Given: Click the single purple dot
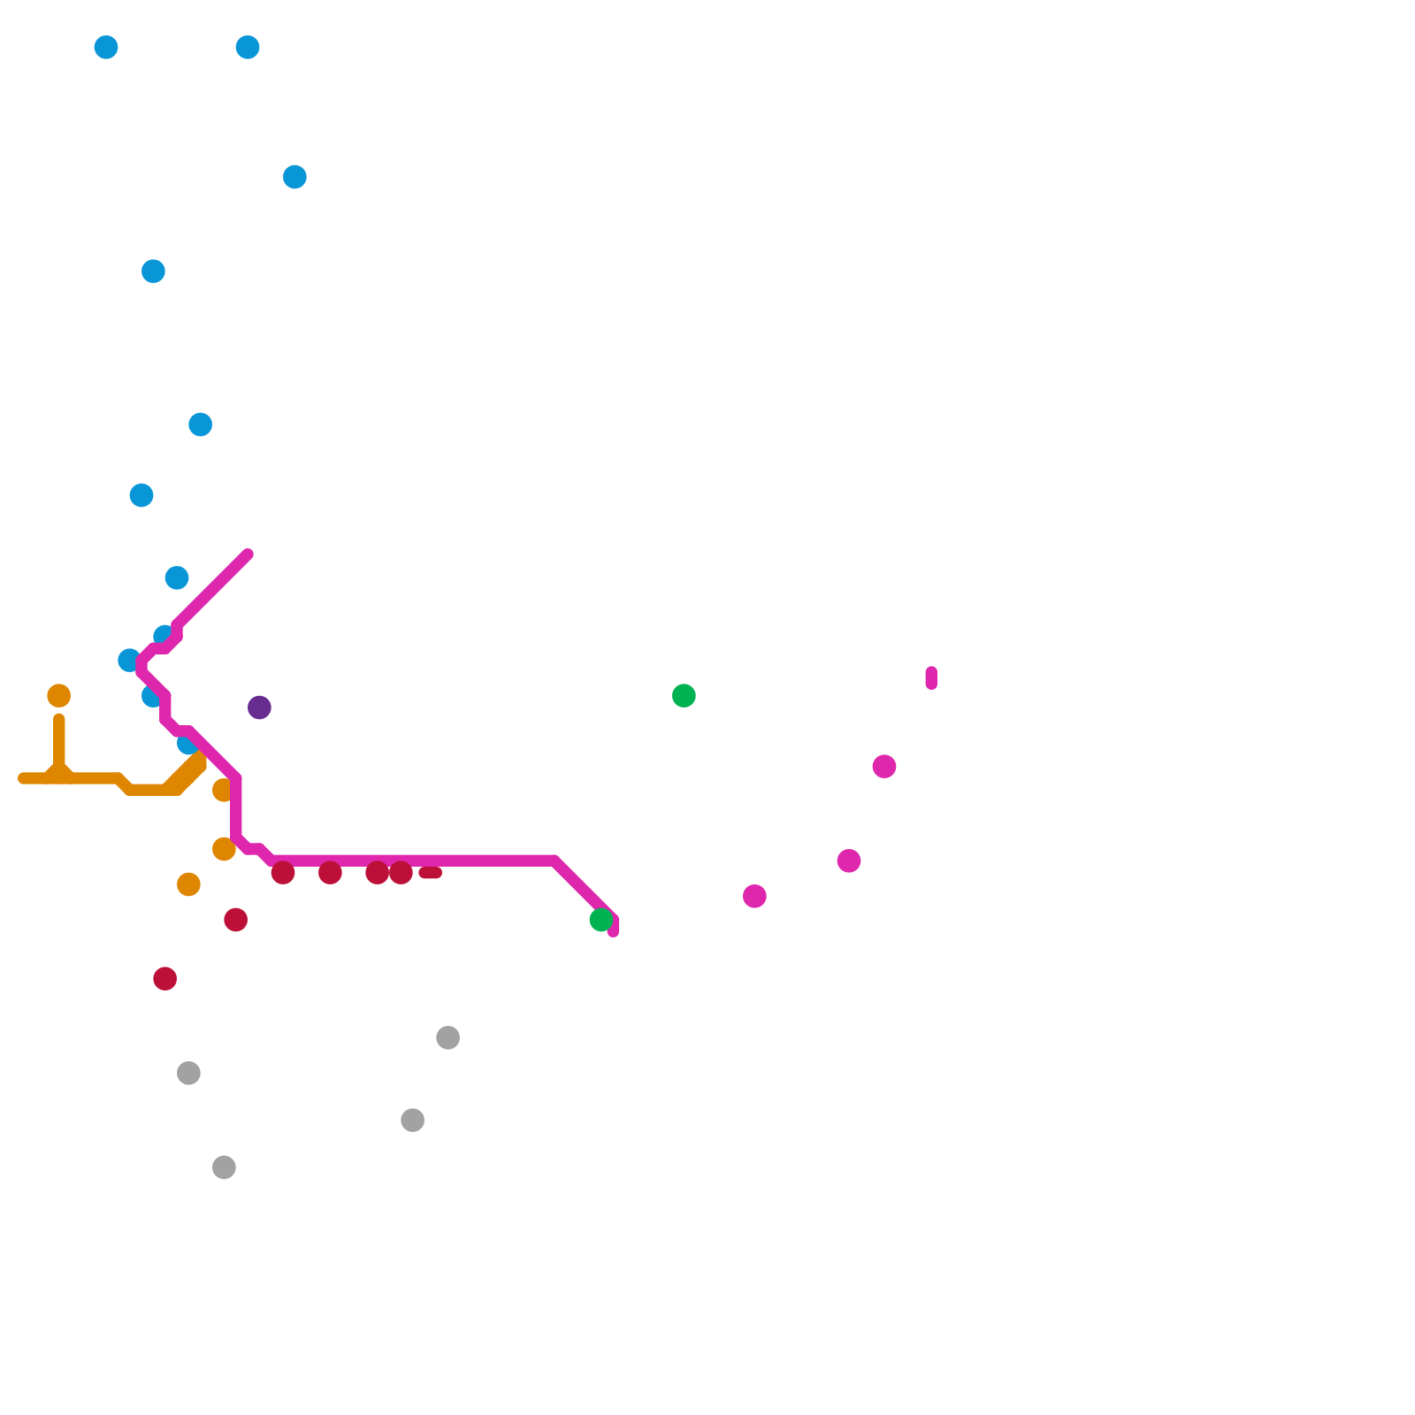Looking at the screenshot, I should point(259,707).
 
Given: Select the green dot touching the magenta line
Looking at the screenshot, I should point(601,920).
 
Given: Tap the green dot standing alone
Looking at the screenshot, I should point(684,696).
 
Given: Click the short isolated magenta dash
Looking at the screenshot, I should point(931,678).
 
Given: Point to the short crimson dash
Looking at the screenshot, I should point(431,873).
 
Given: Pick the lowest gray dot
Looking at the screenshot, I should point(225,1167).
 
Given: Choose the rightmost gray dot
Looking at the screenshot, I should point(448,1037).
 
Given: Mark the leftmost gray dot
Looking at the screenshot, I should point(188,1073).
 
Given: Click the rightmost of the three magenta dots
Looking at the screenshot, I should point(884,767).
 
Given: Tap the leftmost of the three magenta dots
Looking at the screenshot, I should point(754,896).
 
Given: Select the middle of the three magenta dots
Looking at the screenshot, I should point(849,860).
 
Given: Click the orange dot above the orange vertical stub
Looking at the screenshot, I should point(59,696).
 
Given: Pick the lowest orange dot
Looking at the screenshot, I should point(188,884).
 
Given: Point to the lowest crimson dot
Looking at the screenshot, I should point(165,979).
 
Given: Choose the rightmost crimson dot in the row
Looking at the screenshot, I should point(401,873).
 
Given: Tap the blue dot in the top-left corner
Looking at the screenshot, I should point(106,47).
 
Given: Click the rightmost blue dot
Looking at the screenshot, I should point(294,177).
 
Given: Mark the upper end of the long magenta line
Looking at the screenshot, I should point(249,555).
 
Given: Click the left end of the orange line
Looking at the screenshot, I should point(22,778).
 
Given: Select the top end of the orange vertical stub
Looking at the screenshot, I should point(59,719).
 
